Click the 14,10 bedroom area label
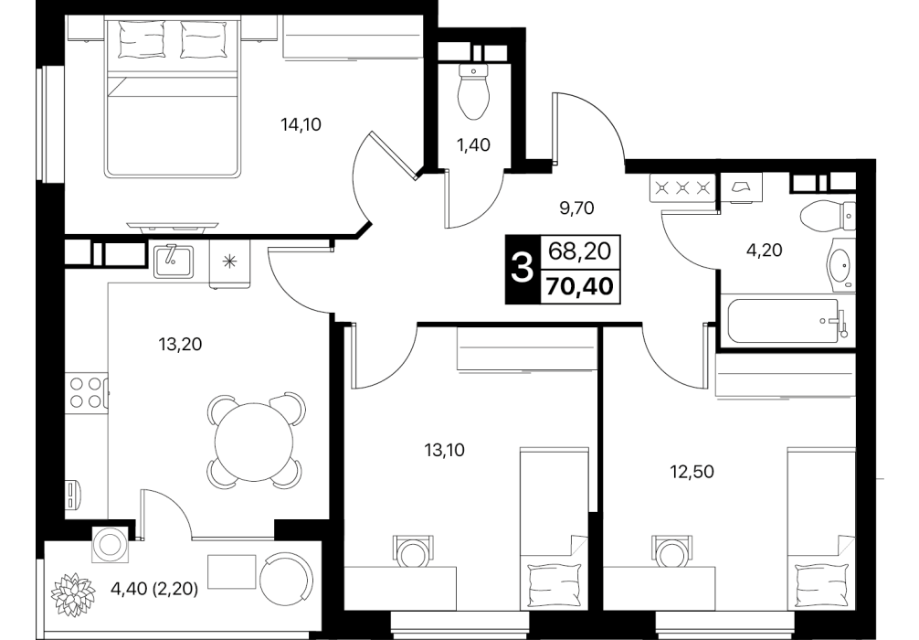(301, 124)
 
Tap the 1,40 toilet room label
(473, 144)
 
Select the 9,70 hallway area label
(576, 208)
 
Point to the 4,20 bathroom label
(765, 251)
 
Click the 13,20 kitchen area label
(180, 345)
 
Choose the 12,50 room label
(692, 471)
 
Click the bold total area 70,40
(580, 287)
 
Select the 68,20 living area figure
(580, 251)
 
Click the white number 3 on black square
(523, 270)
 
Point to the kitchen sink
(174, 261)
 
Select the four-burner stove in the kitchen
(86, 392)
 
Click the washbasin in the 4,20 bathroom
(841, 268)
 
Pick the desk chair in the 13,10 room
(414, 550)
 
